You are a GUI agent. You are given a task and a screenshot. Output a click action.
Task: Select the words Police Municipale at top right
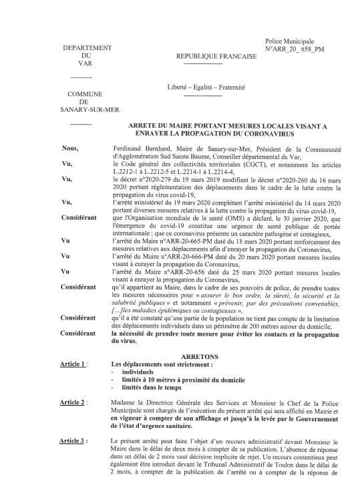[293, 41]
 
